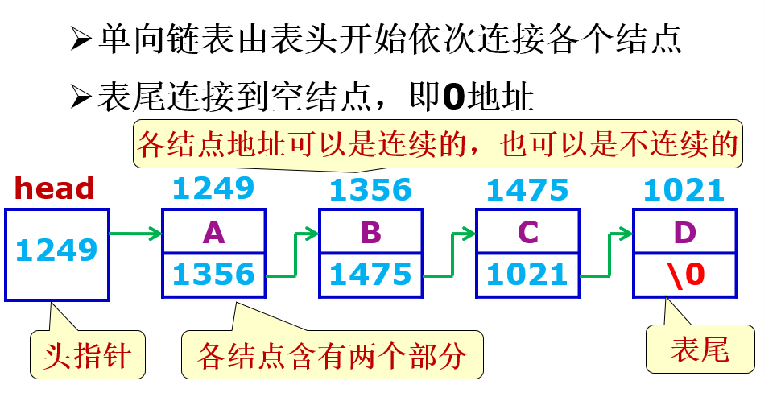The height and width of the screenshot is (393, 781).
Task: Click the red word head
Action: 55,188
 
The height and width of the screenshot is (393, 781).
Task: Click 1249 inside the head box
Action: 56,250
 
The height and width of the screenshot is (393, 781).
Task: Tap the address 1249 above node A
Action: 213,188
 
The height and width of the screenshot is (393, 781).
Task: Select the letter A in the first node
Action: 213,232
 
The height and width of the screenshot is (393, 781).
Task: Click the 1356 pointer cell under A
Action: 213,275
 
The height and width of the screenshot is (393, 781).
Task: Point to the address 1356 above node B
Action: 370,190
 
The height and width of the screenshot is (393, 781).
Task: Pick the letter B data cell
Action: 370,232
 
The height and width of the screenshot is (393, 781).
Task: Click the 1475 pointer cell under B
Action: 370,275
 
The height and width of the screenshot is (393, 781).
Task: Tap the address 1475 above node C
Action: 527,190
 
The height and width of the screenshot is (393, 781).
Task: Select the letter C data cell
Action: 527,232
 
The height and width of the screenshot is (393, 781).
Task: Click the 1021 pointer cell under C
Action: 527,275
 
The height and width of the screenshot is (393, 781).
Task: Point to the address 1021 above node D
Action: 684,190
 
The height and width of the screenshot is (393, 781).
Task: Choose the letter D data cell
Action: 684,232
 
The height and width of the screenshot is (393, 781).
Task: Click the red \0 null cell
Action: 684,275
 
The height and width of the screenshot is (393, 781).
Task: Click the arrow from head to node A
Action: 134,234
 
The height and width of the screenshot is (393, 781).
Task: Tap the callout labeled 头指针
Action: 89,354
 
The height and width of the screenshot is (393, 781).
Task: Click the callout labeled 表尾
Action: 700,350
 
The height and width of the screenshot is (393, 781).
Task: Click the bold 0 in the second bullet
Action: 455,97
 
